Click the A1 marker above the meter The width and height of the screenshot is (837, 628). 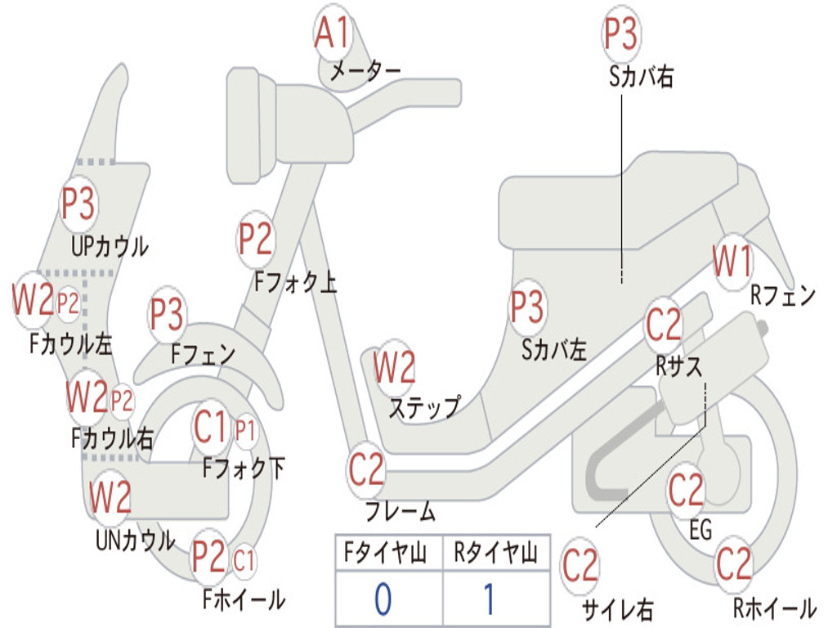coord(332,32)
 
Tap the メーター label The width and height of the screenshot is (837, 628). coord(365,71)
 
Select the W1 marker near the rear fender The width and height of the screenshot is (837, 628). coord(732,262)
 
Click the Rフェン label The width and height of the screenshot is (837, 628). coord(783,294)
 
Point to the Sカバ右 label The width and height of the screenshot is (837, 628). coord(641,76)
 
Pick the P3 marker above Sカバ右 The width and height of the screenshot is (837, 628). coord(620,33)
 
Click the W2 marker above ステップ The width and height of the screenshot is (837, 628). coord(394,367)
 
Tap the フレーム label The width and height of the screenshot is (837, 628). coord(401,511)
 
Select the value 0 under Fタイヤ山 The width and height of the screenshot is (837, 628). coord(383,599)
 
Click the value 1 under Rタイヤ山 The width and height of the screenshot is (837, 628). coord(489,599)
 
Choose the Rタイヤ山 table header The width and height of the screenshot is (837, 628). coord(495,553)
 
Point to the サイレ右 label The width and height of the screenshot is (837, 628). coord(618,609)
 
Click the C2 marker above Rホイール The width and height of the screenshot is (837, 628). coord(733,564)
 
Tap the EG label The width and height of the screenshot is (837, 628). coord(700,530)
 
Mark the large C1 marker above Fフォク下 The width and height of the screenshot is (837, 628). coord(210,427)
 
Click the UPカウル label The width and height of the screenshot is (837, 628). coord(110,246)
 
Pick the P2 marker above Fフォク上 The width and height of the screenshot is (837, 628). coord(255,240)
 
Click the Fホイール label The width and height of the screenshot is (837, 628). coord(244,599)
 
